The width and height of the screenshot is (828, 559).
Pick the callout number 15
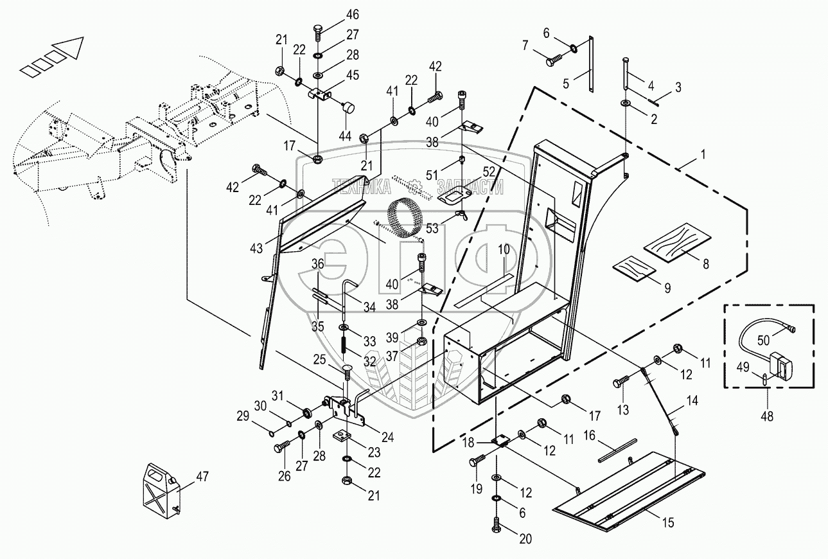click(x=668, y=523)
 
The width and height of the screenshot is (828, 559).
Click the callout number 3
click(x=678, y=87)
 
